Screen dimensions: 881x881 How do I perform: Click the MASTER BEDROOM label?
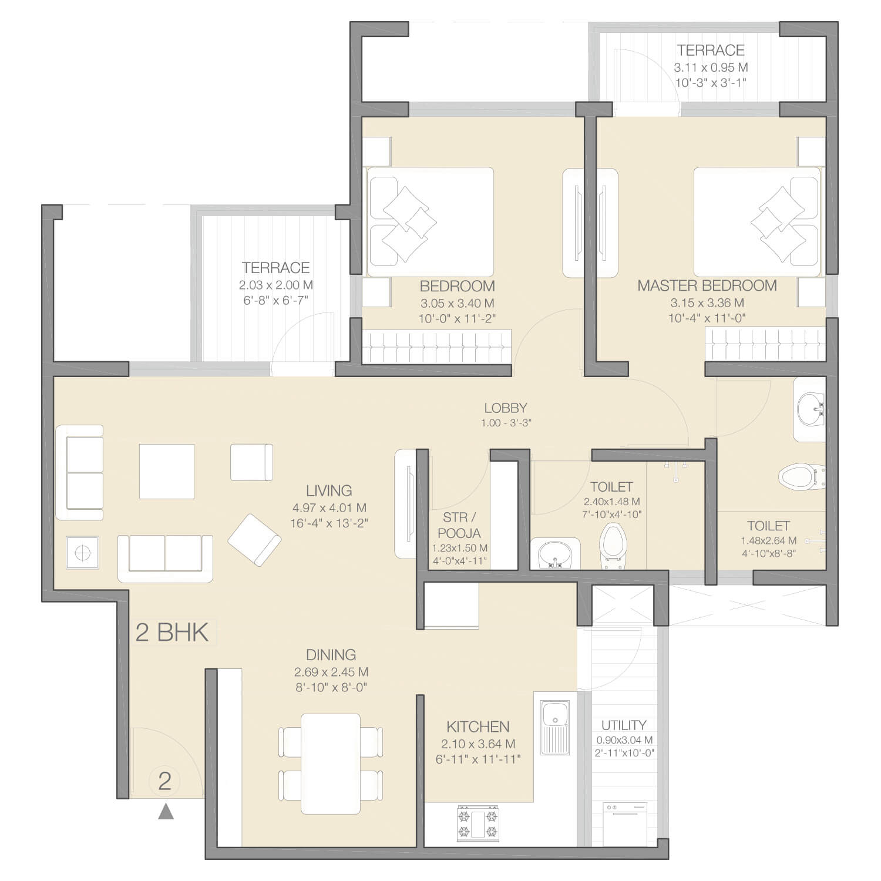click(x=707, y=286)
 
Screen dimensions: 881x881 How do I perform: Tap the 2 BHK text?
click(x=172, y=632)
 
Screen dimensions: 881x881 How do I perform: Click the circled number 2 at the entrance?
click(x=164, y=781)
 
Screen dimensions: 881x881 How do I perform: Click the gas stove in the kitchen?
click(x=478, y=823)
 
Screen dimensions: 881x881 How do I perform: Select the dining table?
click(x=331, y=764)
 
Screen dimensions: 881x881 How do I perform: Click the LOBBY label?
click(x=505, y=408)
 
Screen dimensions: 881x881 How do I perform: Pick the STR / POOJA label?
click(x=459, y=525)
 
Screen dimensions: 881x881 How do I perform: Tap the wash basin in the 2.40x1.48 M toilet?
click(x=554, y=554)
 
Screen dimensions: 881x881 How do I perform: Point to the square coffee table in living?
click(x=167, y=472)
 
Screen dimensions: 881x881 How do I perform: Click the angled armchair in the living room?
click(x=254, y=540)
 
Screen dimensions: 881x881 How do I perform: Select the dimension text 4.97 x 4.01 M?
click(x=329, y=508)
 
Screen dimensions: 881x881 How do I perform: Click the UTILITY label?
click(x=624, y=725)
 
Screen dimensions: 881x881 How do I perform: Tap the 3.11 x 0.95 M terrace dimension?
click(x=711, y=68)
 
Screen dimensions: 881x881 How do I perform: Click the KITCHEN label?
click(x=478, y=727)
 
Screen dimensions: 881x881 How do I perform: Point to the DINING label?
click(x=331, y=655)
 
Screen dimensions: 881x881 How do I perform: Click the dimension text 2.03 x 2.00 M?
click(x=275, y=285)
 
